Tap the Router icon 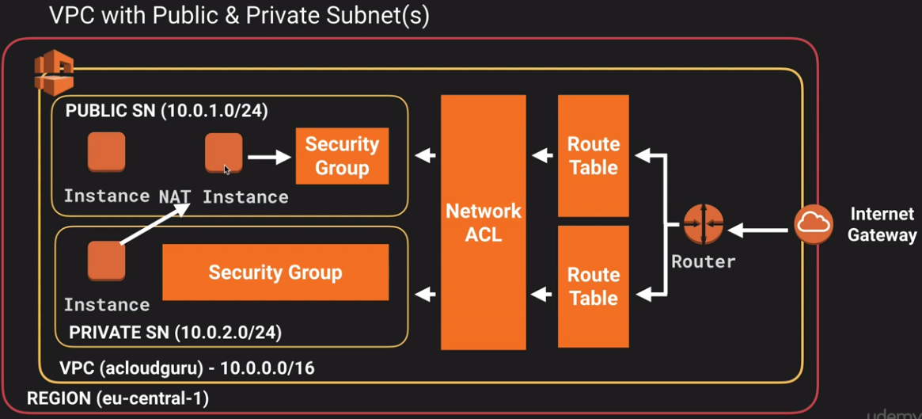pyautogui.click(x=703, y=224)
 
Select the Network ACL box pyautogui.click(x=484, y=223)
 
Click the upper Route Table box pyautogui.click(x=594, y=156)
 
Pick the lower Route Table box pyautogui.click(x=594, y=287)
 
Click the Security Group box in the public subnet pyautogui.click(x=342, y=156)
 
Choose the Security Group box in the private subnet pyautogui.click(x=275, y=272)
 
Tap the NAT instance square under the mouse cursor pyautogui.click(x=223, y=152)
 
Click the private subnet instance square pyautogui.click(x=106, y=261)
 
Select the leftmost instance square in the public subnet pyautogui.click(x=106, y=152)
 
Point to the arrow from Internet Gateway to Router pyautogui.click(x=758, y=230)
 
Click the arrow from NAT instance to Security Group pyautogui.click(x=269, y=157)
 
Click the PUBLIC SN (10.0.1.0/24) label pyautogui.click(x=167, y=111)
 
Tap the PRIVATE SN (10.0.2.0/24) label pyautogui.click(x=175, y=333)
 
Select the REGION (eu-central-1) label pyautogui.click(x=118, y=399)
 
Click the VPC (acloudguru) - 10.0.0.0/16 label pyautogui.click(x=187, y=369)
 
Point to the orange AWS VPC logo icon pyautogui.click(x=54, y=72)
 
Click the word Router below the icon pyautogui.click(x=704, y=261)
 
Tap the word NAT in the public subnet pyautogui.click(x=175, y=196)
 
